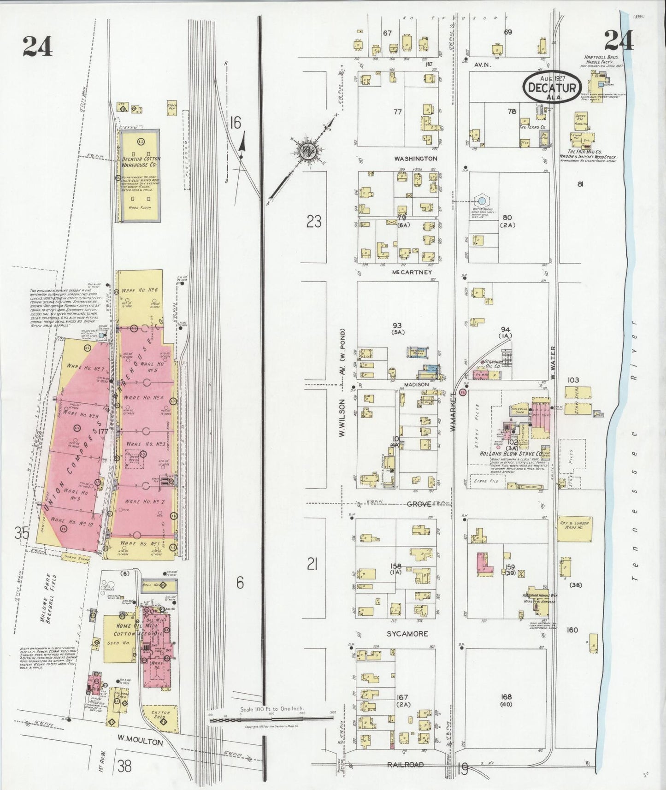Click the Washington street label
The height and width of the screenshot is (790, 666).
click(x=415, y=159)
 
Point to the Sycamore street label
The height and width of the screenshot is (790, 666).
click(x=407, y=634)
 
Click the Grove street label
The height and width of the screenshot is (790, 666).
click(x=418, y=504)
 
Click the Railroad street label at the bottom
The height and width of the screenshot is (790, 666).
click(x=405, y=765)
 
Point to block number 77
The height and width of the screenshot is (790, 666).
click(x=397, y=112)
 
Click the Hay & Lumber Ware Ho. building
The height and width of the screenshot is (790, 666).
click(x=574, y=529)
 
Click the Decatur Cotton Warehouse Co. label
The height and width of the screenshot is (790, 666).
click(x=141, y=161)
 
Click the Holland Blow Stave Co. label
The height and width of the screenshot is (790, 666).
click(x=511, y=454)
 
